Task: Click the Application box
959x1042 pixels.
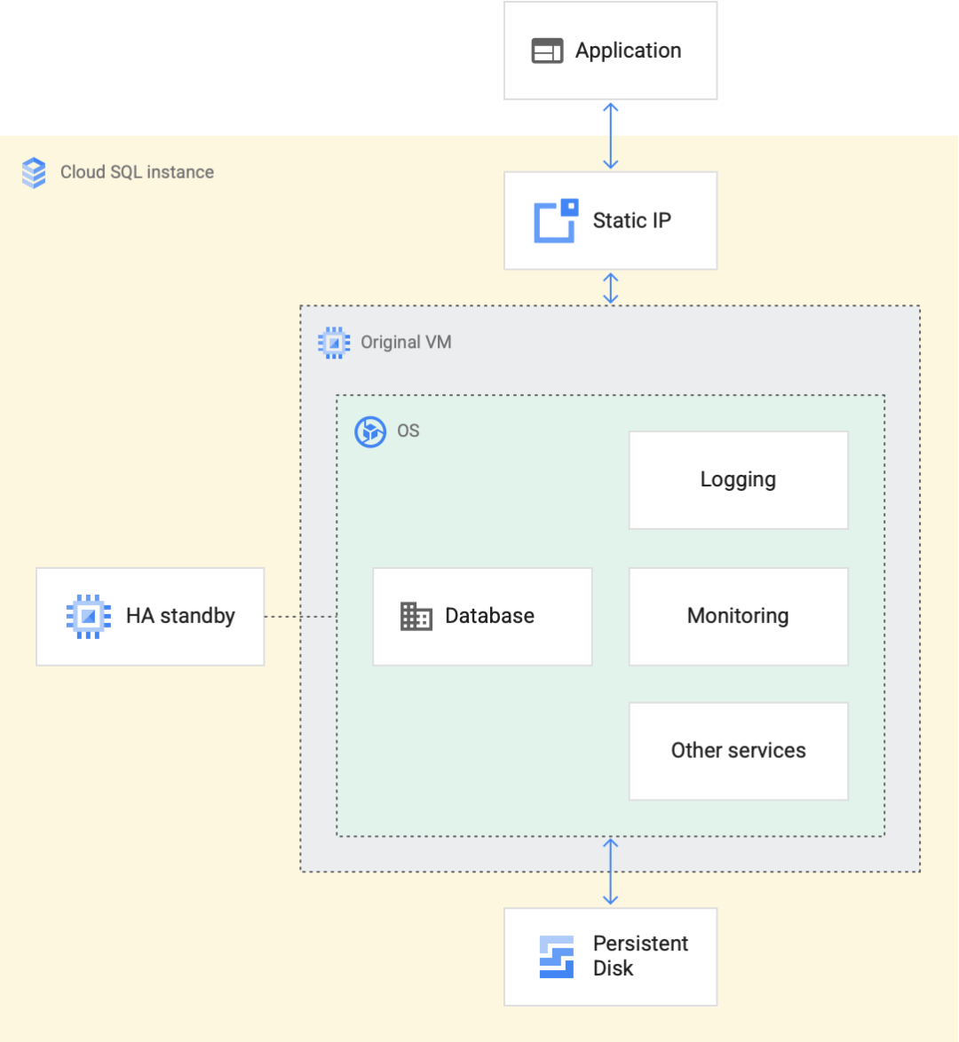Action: (x=610, y=51)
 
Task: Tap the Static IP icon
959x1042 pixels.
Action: (x=556, y=221)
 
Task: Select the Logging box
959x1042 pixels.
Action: (x=738, y=480)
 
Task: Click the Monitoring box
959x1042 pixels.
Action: (x=738, y=616)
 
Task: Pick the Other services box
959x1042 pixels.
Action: (x=738, y=751)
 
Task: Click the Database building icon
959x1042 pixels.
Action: (x=416, y=616)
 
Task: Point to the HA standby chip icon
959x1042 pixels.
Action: (x=88, y=616)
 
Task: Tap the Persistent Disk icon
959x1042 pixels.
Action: (x=557, y=957)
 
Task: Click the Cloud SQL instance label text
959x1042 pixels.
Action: (x=137, y=172)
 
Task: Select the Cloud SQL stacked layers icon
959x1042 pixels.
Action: (x=34, y=172)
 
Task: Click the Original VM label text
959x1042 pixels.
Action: (x=406, y=343)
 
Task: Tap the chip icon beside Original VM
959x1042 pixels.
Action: (x=334, y=343)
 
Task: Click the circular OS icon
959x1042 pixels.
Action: (x=370, y=432)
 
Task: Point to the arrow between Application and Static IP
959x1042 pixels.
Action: (x=610, y=136)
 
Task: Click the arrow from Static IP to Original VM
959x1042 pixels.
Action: (x=610, y=288)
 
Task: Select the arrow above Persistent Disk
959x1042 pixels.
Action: (x=610, y=872)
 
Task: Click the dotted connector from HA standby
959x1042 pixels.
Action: (x=300, y=616)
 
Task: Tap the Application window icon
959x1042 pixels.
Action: (x=547, y=51)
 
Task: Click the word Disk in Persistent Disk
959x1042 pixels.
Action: (x=613, y=968)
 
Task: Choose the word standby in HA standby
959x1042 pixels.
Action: (x=197, y=616)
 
